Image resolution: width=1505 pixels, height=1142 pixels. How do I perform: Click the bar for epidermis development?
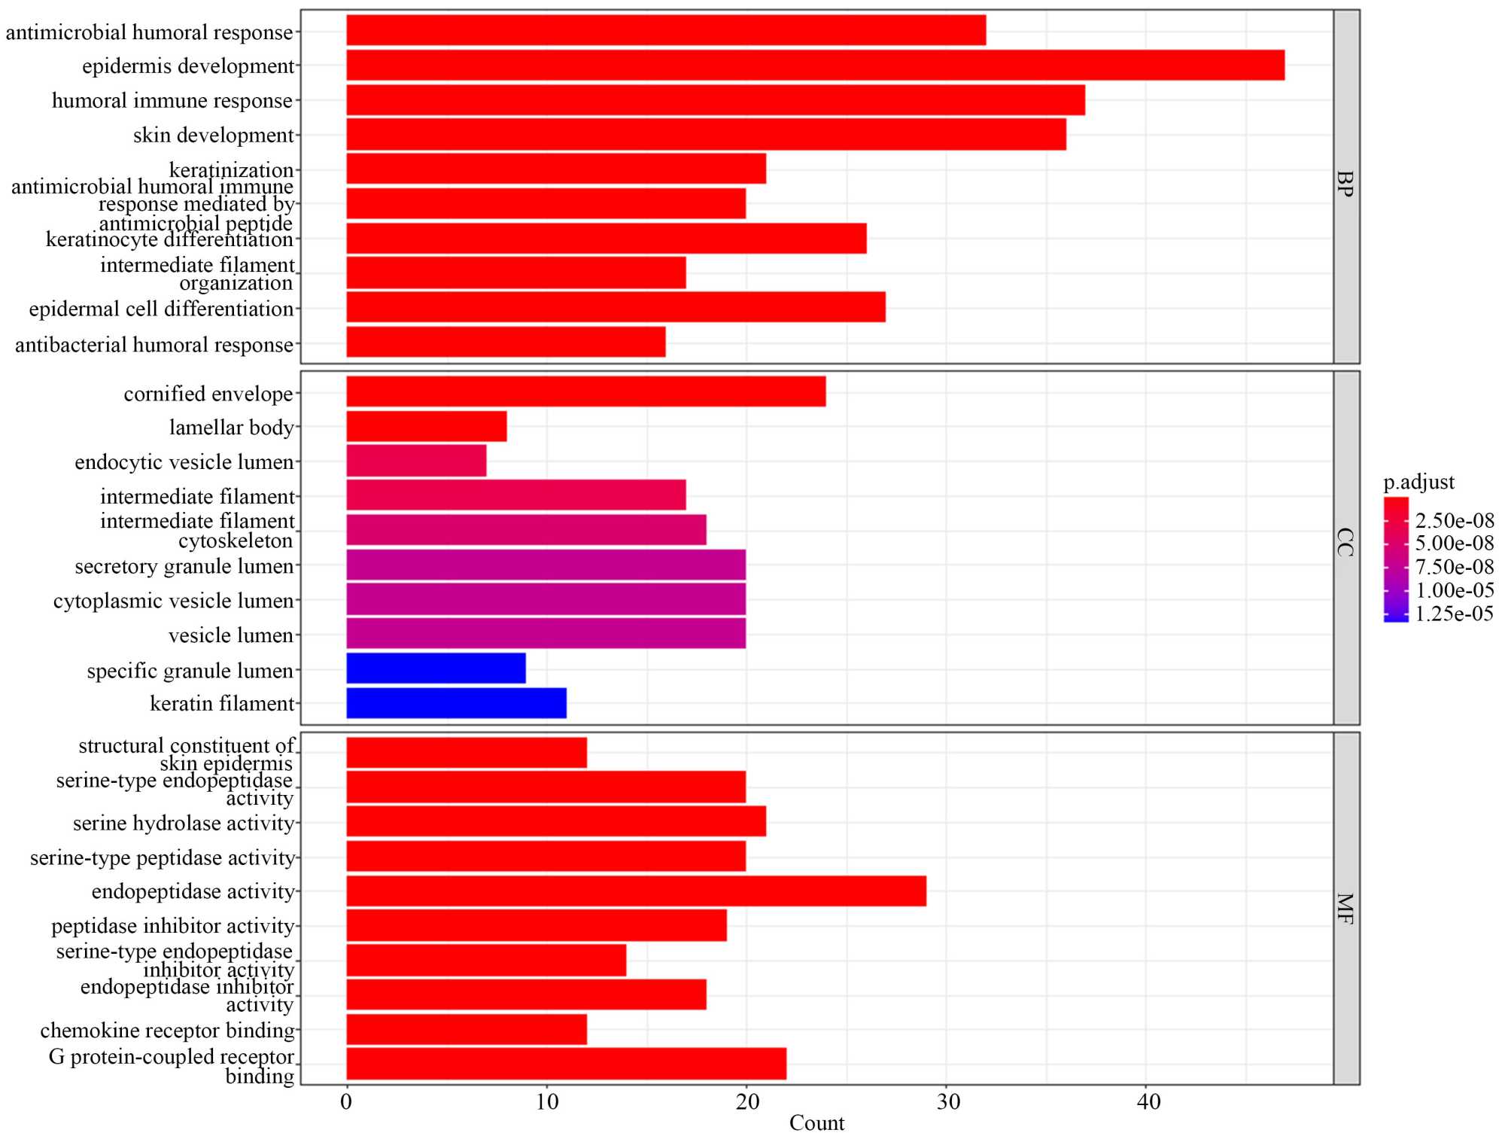click(815, 65)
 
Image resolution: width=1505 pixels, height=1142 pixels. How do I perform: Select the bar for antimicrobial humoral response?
click(666, 30)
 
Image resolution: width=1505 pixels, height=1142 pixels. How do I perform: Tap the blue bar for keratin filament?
click(456, 703)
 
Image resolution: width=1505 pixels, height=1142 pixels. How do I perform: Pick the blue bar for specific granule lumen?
click(436, 668)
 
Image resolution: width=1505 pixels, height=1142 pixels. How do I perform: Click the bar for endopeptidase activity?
click(636, 891)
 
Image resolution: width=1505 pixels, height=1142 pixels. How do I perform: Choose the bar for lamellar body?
click(426, 426)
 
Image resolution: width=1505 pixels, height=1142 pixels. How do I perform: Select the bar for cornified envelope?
click(585, 391)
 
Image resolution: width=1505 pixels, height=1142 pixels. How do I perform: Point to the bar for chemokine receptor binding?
click(467, 1030)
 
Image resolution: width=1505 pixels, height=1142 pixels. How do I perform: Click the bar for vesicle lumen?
click(546, 634)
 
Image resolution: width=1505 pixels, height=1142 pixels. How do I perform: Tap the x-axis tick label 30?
click(947, 1103)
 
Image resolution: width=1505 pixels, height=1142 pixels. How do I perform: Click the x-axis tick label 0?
click(346, 1103)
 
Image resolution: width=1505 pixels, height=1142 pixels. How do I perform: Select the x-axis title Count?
click(816, 1124)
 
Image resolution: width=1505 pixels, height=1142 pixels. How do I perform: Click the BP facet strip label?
click(1345, 184)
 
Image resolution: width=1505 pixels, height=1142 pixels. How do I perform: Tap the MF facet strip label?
click(1345, 909)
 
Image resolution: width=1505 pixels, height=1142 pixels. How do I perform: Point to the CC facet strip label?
click(1345, 543)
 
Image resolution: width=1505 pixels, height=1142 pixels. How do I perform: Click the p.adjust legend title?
click(1418, 483)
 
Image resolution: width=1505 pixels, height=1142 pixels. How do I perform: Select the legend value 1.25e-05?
click(1454, 614)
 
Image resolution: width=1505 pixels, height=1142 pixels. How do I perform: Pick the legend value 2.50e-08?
click(1454, 521)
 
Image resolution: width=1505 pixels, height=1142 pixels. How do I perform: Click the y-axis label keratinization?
click(231, 169)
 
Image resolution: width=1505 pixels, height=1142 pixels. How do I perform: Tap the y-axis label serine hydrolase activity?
click(183, 824)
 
